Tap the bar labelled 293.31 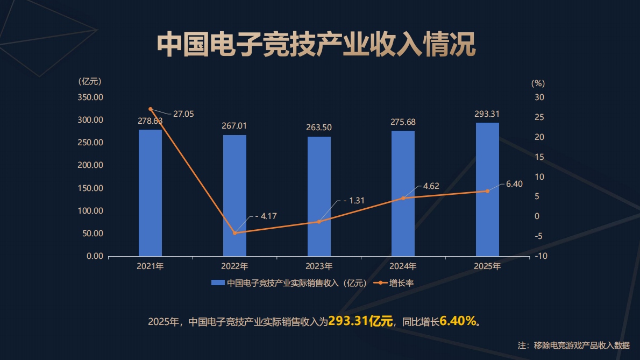tap(487, 189)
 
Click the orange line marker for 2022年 tap(234, 233)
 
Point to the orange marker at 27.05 tap(151, 109)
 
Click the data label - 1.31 tap(354, 201)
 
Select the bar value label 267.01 tap(234, 125)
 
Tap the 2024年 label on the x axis tap(403, 266)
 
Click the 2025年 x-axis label tap(487, 266)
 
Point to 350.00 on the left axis tap(90, 97)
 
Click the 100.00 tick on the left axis tap(90, 211)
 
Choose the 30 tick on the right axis tap(539, 97)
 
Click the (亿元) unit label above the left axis tap(90, 82)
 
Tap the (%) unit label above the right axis tap(538, 83)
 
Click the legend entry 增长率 tap(401, 283)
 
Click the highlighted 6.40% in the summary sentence tap(458, 321)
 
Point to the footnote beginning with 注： tap(573, 345)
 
